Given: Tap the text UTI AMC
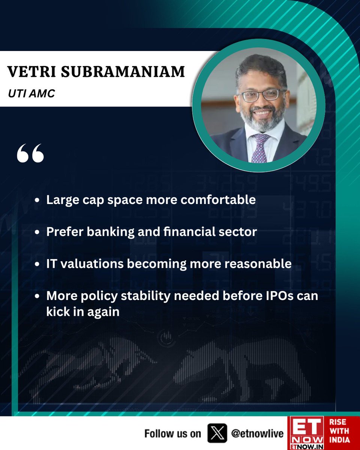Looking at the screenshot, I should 31,93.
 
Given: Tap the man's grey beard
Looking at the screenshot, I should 262,120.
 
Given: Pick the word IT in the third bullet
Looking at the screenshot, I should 52,264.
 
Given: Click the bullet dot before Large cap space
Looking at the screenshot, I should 36,201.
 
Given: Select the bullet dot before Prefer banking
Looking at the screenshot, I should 36,232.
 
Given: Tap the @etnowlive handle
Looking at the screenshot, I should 257,434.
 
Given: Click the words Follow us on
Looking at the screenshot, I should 173,434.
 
